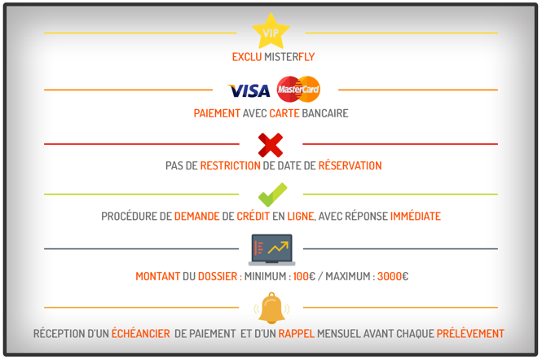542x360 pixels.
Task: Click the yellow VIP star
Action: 271,32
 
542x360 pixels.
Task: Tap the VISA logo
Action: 249,90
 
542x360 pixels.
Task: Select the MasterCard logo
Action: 298,89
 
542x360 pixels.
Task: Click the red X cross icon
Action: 271,145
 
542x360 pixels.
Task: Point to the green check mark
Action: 272,195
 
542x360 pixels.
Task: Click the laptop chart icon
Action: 271,250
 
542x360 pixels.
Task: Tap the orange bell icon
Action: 271,308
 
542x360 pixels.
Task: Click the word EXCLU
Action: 247,57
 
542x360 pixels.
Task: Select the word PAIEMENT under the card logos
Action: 217,113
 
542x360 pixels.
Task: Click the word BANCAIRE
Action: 325,113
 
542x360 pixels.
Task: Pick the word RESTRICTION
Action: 230,165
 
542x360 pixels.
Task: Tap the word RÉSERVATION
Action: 350,165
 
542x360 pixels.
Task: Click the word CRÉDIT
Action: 253,216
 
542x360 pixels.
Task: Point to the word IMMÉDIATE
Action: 416,216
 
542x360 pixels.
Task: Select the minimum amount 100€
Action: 304,276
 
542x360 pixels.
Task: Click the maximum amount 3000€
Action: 393,276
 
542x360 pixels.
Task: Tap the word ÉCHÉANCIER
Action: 141,333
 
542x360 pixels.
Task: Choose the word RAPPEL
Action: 297,334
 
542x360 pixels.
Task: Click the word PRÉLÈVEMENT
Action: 470,333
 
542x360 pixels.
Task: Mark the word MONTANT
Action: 157,276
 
